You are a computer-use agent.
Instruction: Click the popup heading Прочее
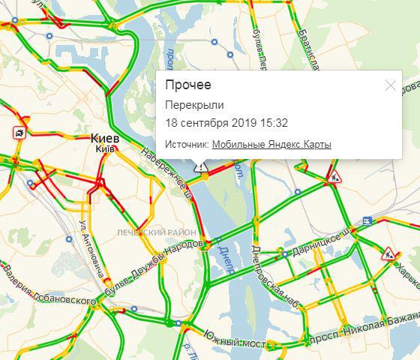coord(187,85)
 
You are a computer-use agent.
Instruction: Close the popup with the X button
coord(390,85)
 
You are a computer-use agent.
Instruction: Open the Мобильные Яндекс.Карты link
coord(271,145)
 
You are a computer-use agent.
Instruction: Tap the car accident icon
coord(17,133)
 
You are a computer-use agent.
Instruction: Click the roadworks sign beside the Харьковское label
coord(388,254)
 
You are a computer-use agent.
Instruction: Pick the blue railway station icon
coord(366,220)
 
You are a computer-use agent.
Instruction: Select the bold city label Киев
coord(104,139)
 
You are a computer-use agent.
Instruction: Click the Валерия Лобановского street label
coord(45,285)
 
